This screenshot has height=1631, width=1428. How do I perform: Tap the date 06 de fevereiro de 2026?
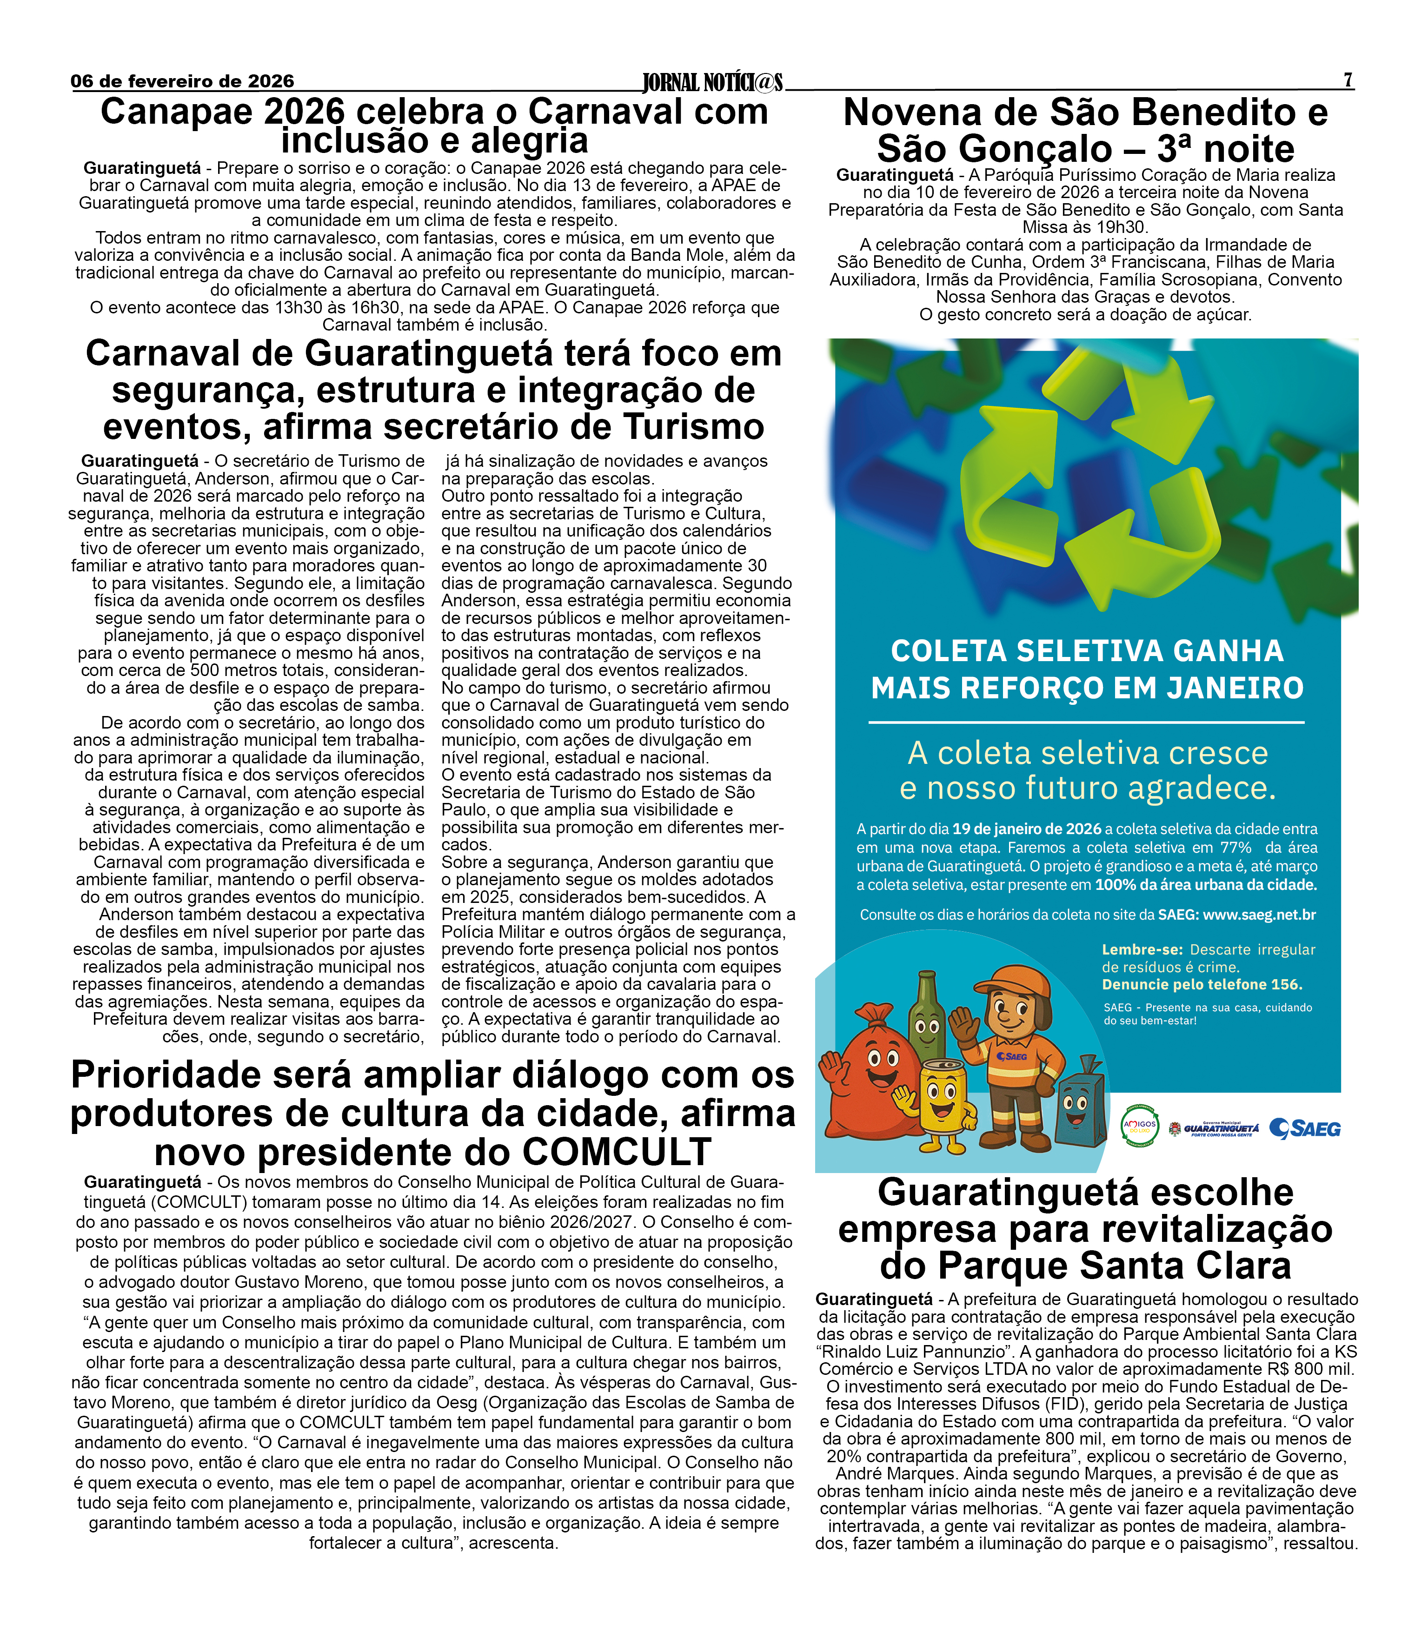[182, 81]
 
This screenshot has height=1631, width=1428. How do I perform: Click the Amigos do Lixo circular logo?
[1140, 1126]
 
